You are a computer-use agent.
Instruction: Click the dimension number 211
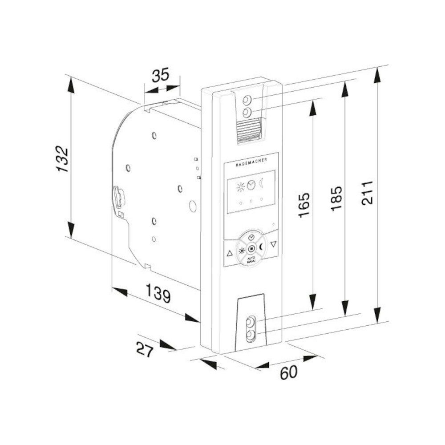tap(368, 192)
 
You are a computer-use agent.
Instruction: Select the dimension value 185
tap(337, 198)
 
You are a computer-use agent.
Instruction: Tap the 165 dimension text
tap(304, 205)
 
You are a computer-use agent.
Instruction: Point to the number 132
tap(61, 159)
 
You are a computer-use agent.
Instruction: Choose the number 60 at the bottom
tap(288, 372)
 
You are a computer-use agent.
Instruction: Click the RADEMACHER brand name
tap(251, 165)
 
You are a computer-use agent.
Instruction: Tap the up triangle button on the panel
tap(230, 254)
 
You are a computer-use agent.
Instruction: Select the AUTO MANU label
tap(251, 259)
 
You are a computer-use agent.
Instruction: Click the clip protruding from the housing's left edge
tap(119, 196)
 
